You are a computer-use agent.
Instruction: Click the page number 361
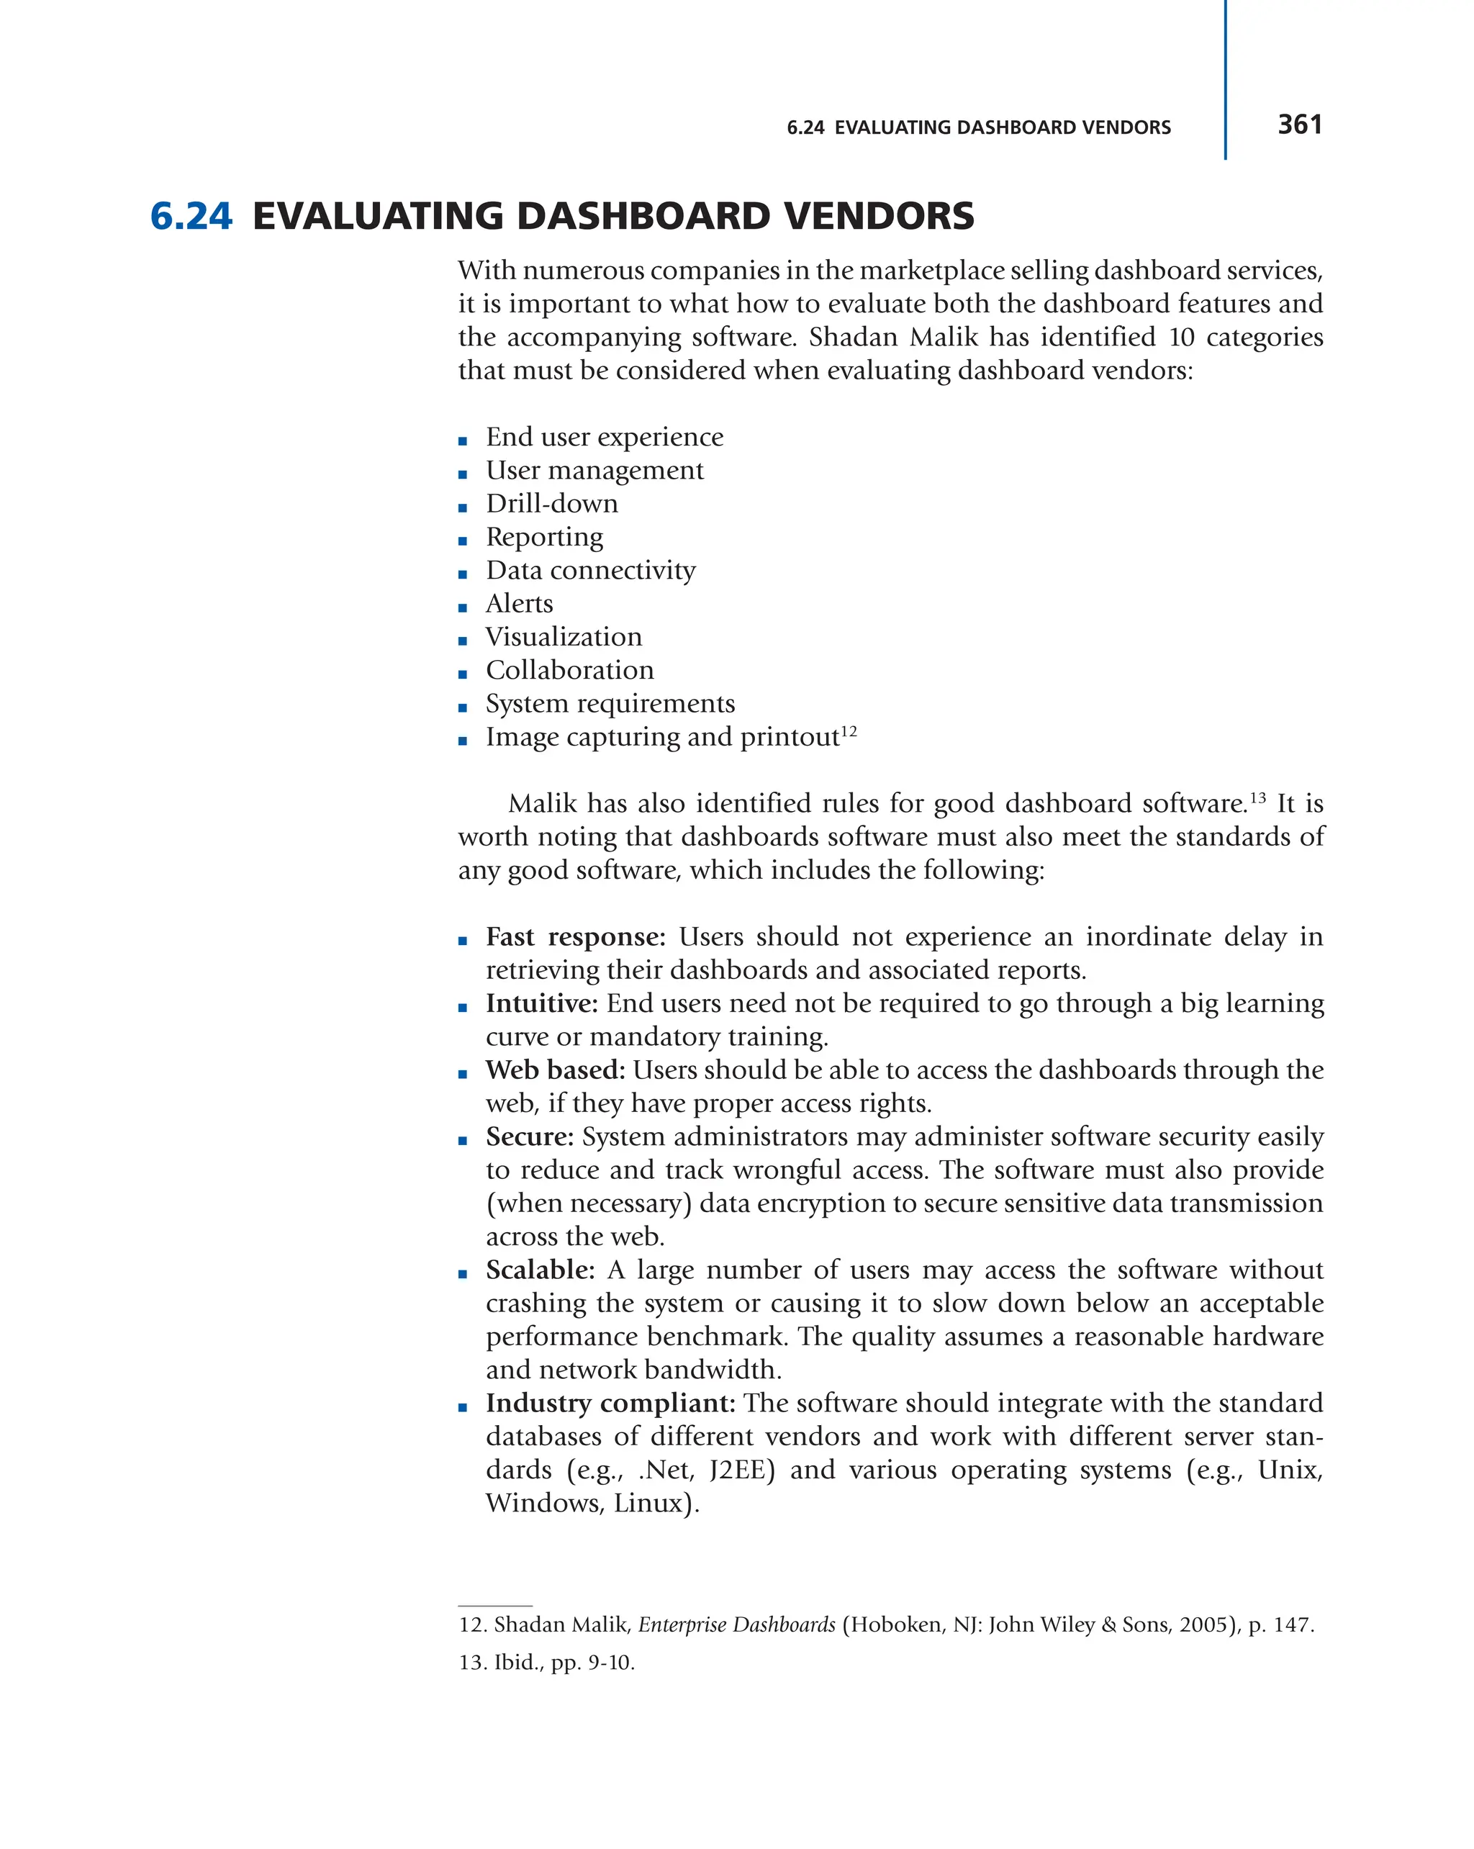1298,125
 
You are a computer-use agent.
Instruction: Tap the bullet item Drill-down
551,503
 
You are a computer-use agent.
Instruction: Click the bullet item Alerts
519,604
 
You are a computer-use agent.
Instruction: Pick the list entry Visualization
564,637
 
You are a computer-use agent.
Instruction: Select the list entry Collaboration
569,671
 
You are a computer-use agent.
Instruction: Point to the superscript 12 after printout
848,731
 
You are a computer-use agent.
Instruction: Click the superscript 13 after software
1257,797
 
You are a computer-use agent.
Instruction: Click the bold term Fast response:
575,936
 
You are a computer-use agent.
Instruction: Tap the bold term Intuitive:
541,1003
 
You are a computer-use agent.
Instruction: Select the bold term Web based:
555,1070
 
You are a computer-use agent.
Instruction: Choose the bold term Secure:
529,1137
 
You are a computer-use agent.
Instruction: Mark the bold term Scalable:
539,1270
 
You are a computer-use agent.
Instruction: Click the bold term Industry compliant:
610,1404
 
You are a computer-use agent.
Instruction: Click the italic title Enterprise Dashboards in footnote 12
736,1624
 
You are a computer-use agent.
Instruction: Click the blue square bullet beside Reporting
463,541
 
